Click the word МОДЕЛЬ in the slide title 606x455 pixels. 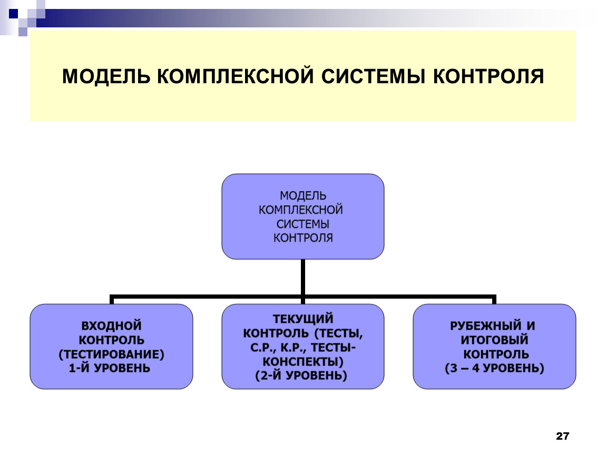click(106, 76)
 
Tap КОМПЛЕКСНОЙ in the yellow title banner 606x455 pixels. click(235, 76)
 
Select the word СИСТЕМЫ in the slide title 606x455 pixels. click(373, 76)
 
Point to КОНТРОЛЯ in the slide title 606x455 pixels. click(488, 76)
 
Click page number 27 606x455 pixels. click(562, 436)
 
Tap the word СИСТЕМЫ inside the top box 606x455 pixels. click(302, 224)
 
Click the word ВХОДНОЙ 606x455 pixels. click(111, 325)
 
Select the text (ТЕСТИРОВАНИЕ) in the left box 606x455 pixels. click(111, 354)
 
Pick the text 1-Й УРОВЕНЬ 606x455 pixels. click(110, 368)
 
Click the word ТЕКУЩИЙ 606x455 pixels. click(303, 319)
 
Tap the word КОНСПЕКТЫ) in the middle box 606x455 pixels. click(303, 362)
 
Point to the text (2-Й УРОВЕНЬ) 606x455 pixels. click(301, 375)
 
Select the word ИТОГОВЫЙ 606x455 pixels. click(494, 340)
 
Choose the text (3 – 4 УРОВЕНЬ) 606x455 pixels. click(494, 368)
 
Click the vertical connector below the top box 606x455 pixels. click(303, 278)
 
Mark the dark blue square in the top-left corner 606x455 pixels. click(14, 14)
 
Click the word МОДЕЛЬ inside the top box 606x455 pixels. click(303, 196)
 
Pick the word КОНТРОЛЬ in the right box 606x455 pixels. click(496, 354)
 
